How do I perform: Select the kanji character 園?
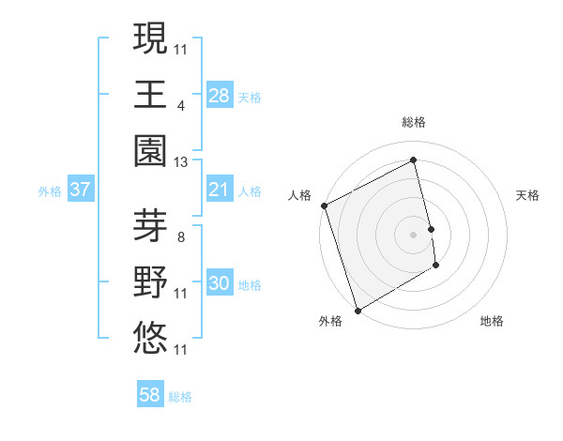[x=151, y=148]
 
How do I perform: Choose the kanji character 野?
[x=151, y=281]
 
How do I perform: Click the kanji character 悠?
[x=151, y=335]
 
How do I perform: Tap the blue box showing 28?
[x=220, y=95]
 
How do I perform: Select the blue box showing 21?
[x=220, y=190]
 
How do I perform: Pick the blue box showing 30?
[x=220, y=283]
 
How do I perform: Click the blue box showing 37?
[x=81, y=190]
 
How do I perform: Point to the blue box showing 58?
[x=150, y=395]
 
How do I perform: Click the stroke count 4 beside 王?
[x=180, y=106]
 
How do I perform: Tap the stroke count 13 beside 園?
[x=181, y=161]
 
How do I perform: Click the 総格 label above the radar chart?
[x=414, y=122]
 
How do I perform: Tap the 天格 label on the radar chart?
[x=528, y=195]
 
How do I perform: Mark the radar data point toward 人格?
[x=324, y=205]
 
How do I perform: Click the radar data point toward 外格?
[x=358, y=310]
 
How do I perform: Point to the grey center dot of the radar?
[x=414, y=234]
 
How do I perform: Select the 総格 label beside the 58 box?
[x=180, y=397]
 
